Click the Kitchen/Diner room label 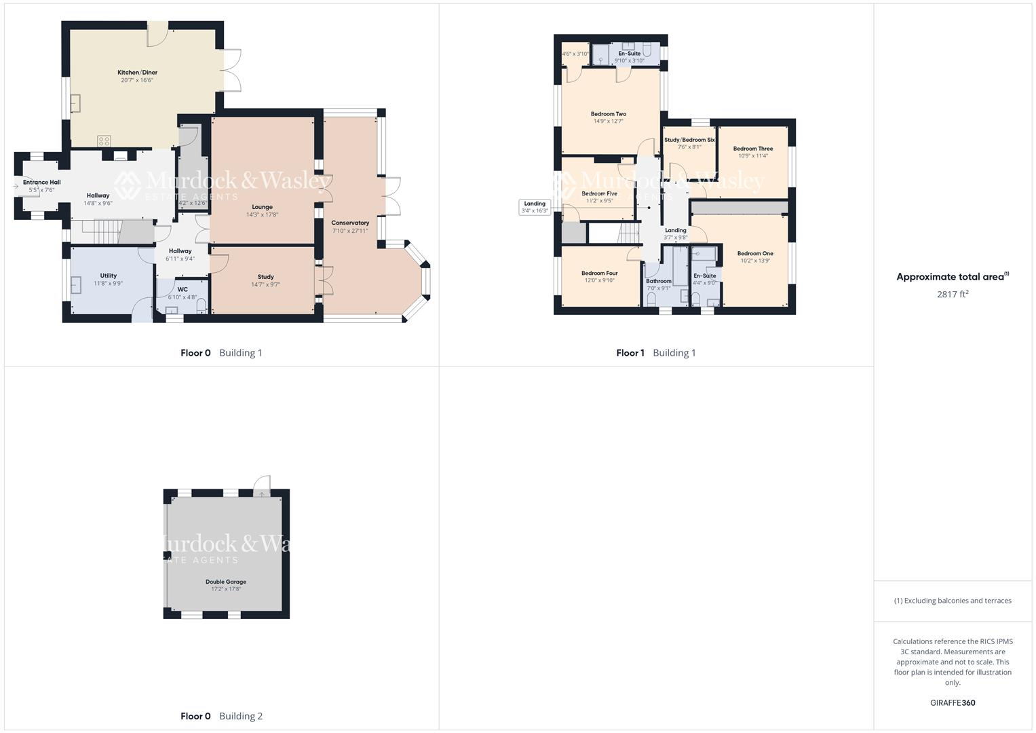pyautogui.click(x=137, y=73)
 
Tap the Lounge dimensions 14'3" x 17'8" pyautogui.click(x=262, y=215)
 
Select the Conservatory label pyautogui.click(x=350, y=223)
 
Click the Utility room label pyautogui.click(x=109, y=276)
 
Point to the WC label pyautogui.click(x=183, y=289)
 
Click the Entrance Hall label pyautogui.click(x=41, y=182)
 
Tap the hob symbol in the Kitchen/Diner pyautogui.click(x=104, y=141)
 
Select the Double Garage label pyautogui.click(x=226, y=582)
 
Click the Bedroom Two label pyautogui.click(x=608, y=114)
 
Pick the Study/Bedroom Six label pyautogui.click(x=689, y=140)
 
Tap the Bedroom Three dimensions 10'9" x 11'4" pyautogui.click(x=753, y=156)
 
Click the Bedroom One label pyautogui.click(x=755, y=253)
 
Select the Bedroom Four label pyautogui.click(x=599, y=273)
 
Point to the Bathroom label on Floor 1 pyautogui.click(x=658, y=281)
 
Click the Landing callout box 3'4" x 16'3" pyautogui.click(x=535, y=207)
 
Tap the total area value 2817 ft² pyautogui.click(x=953, y=294)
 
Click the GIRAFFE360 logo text pyautogui.click(x=953, y=702)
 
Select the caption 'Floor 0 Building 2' pyautogui.click(x=221, y=716)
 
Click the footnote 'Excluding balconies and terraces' pyautogui.click(x=953, y=601)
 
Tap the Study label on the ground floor pyautogui.click(x=265, y=277)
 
